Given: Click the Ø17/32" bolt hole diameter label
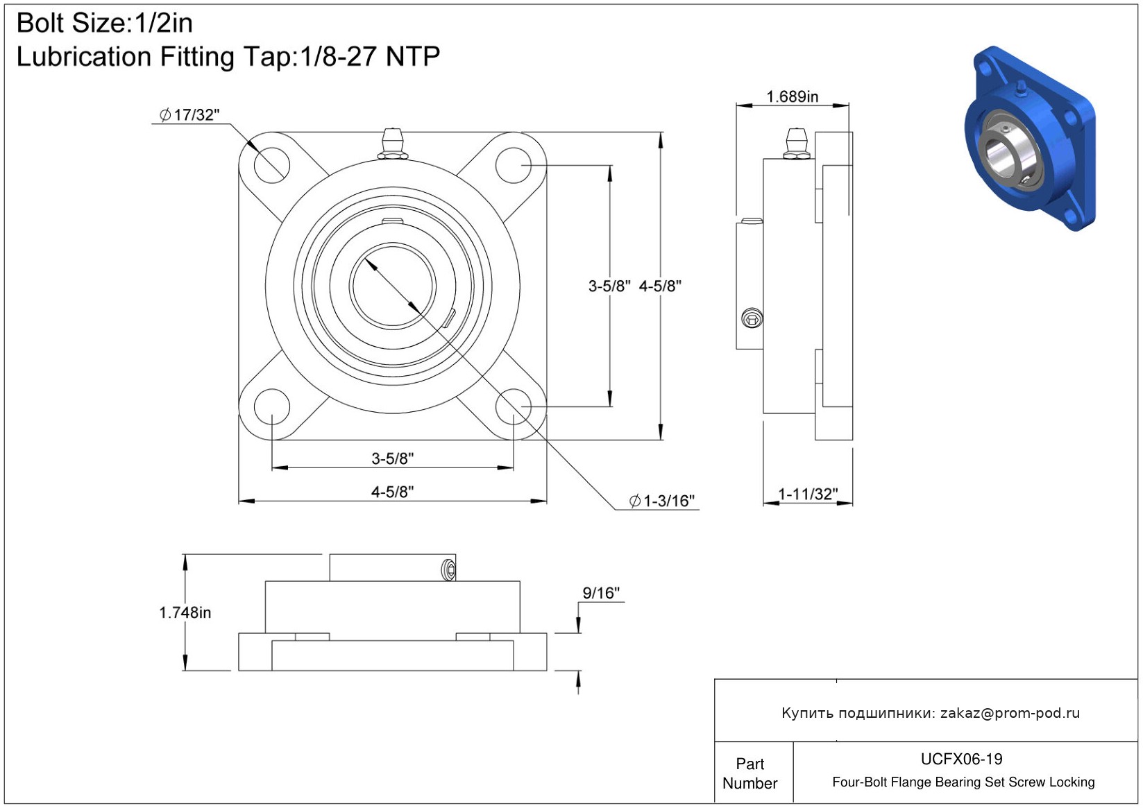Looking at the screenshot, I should click(189, 115).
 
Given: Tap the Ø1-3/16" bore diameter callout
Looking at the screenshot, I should click(662, 501).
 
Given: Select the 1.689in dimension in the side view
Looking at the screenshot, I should click(792, 96).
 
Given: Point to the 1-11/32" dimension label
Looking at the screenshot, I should click(808, 494).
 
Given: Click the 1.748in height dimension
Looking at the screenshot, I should click(185, 612).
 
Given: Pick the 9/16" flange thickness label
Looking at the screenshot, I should click(601, 593).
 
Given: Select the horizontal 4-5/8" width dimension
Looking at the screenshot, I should click(392, 492).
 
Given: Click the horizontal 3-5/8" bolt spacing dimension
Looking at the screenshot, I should click(392, 458).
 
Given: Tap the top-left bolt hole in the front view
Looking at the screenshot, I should click(271, 165).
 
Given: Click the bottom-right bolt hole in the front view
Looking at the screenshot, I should click(514, 406).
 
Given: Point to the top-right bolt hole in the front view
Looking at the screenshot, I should click(514, 165).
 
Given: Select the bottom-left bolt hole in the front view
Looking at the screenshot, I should click(271, 406).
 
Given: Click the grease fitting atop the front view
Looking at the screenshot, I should click(393, 144).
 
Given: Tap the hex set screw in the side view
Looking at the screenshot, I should click(752, 319).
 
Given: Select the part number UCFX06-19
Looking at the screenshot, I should click(961, 759).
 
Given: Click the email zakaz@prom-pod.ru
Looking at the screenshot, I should click(1010, 713).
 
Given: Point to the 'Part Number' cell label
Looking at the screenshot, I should click(750, 773).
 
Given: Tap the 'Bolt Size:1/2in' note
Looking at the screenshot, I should click(105, 24).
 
